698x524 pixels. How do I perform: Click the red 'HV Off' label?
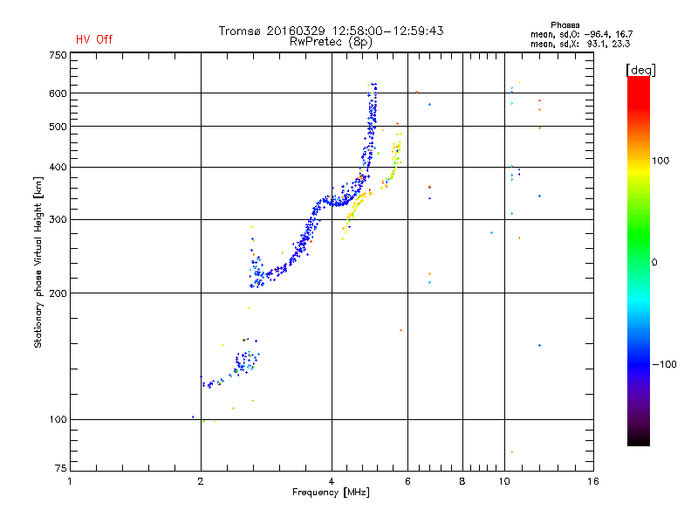[94, 39]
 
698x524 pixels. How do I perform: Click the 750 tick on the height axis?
[58, 54]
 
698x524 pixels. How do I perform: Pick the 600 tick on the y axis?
[58, 93]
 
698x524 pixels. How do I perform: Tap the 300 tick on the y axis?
[58, 219]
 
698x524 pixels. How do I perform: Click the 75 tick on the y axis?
[60, 471]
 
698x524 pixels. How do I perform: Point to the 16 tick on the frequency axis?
[592, 481]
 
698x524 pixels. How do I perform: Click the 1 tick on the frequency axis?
[70, 481]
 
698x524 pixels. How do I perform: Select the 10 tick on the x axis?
[504, 481]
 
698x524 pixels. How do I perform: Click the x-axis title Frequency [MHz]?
[331, 493]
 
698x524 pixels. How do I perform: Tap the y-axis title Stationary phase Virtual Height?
[38, 260]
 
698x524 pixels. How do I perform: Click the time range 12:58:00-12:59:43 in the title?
[385, 31]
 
